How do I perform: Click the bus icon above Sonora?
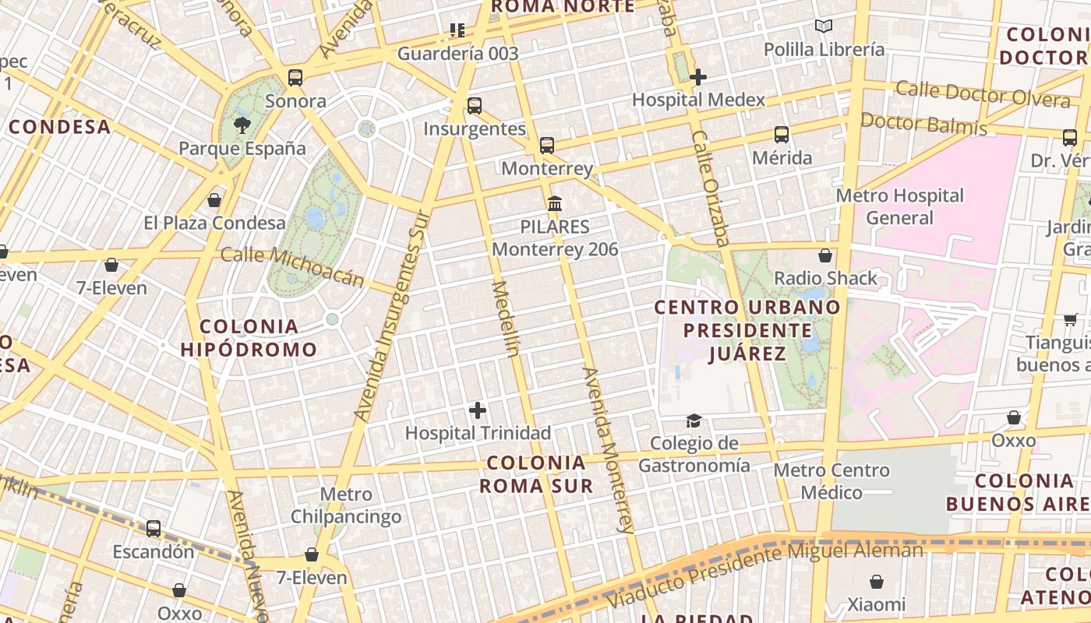pyautogui.click(x=295, y=78)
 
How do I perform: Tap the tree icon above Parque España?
pyautogui.click(x=242, y=125)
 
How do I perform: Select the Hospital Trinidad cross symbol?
pyautogui.click(x=478, y=410)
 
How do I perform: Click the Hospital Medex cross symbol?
pyautogui.click(x=698, y=77)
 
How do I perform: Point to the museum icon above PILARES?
pyautogui.click(x=555, y=204)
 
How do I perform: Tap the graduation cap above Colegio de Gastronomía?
pyautogui.click(x=694, y=421)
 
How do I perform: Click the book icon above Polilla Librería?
pyautogui.click(x=824, y=26)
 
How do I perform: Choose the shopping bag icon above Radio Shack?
pyautogui.click(x=825, y=255)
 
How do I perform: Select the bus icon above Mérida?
pyautogui.click(x=782, y=135)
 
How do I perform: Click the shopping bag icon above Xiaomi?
pyautogui.click(x=877, y=582)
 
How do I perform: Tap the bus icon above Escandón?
pyautogui.click(x=154, y=529)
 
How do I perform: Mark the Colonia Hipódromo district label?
pyautogui.click(x=249, y=338)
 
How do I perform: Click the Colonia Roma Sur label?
pyautogui.click(x=536, y=474)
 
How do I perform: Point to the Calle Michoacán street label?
pyautogui.click(x=292, y=266)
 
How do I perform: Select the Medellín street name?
pyautogui.click(x=505, y=319)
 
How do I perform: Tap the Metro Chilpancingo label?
pyautogui.click(x=346, y=505)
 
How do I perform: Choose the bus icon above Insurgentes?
pyautogui.click(x=475, y=106)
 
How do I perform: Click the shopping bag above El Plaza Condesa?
pyautogui.click(x=214, y=201)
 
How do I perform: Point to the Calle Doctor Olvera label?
pyautogui.click(x=983, y=94)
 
